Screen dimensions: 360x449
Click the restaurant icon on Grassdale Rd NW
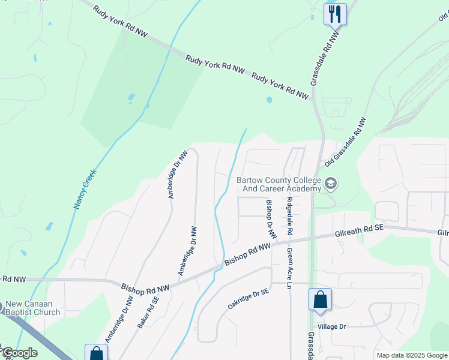[335, 13]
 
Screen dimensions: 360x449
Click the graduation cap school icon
[330, 183]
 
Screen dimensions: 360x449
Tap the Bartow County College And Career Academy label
[279, 184]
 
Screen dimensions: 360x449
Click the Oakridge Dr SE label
[248, 298]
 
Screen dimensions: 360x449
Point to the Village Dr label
[332, 326]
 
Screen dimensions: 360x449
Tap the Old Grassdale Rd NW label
[345, 143]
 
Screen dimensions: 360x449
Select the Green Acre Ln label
[289, 269]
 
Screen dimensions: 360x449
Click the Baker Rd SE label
[148, 312]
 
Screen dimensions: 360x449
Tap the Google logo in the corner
[20, 353]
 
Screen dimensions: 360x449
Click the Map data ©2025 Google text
[412, 355]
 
